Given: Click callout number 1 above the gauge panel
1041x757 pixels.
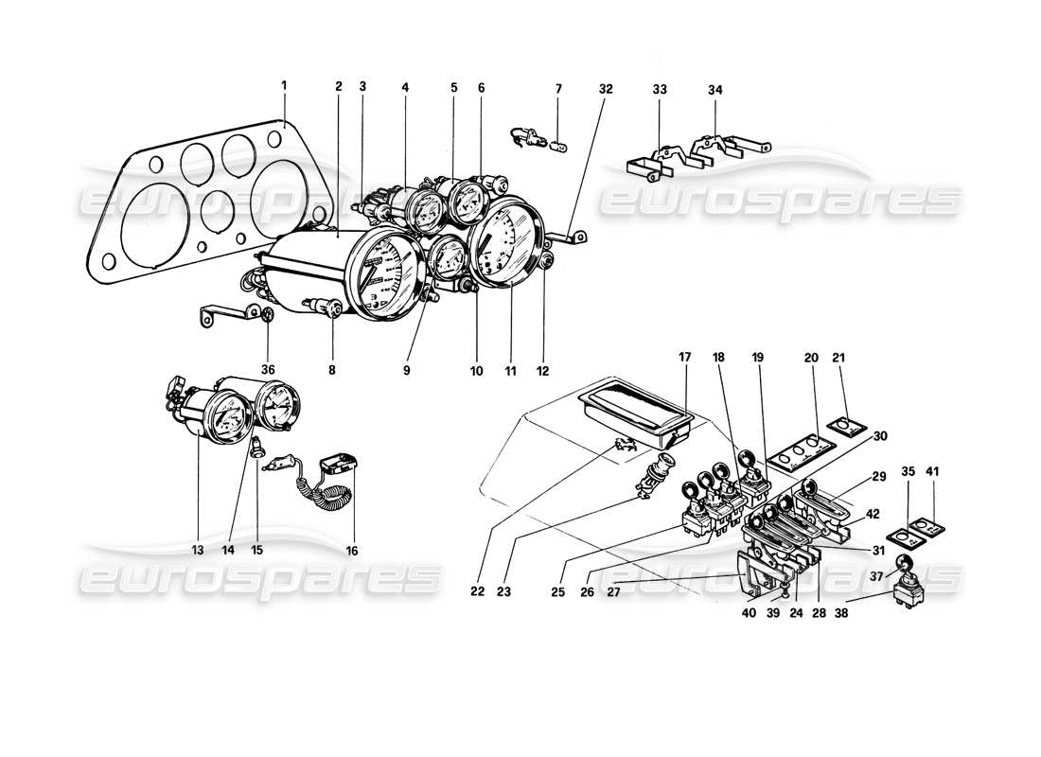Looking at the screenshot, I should point(283,86).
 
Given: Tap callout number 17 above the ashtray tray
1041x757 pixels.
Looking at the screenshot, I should point(685,357).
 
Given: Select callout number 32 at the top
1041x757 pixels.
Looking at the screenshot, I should point(606,89).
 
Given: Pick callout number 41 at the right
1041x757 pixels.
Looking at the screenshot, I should point(933,469).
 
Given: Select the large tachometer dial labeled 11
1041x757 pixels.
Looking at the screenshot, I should point(506,242).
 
